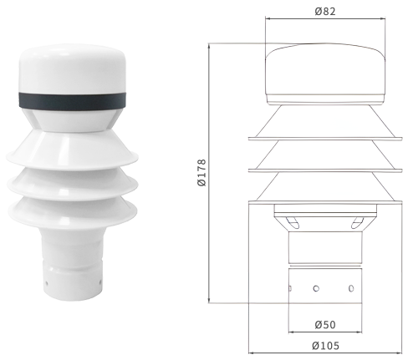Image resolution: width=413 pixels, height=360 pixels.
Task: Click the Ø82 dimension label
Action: click(x=325, y=12)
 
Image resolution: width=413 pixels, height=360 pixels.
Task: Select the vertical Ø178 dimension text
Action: click(x=201, y=172)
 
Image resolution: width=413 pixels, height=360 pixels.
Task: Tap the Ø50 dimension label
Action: click(x=325, y=325)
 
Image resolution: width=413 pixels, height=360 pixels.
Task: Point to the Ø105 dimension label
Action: click(x=325, y=346)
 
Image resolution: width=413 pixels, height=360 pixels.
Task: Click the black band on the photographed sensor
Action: click(x=72, y=100)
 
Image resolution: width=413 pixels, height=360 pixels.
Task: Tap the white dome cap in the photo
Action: click(x=72, y=68)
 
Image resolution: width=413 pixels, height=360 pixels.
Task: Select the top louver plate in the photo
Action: click(x=72, y=150)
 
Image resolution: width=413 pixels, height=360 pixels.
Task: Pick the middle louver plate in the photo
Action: click(x=73, y=182)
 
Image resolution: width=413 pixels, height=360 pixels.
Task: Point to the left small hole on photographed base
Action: click(x=47, y=283)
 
